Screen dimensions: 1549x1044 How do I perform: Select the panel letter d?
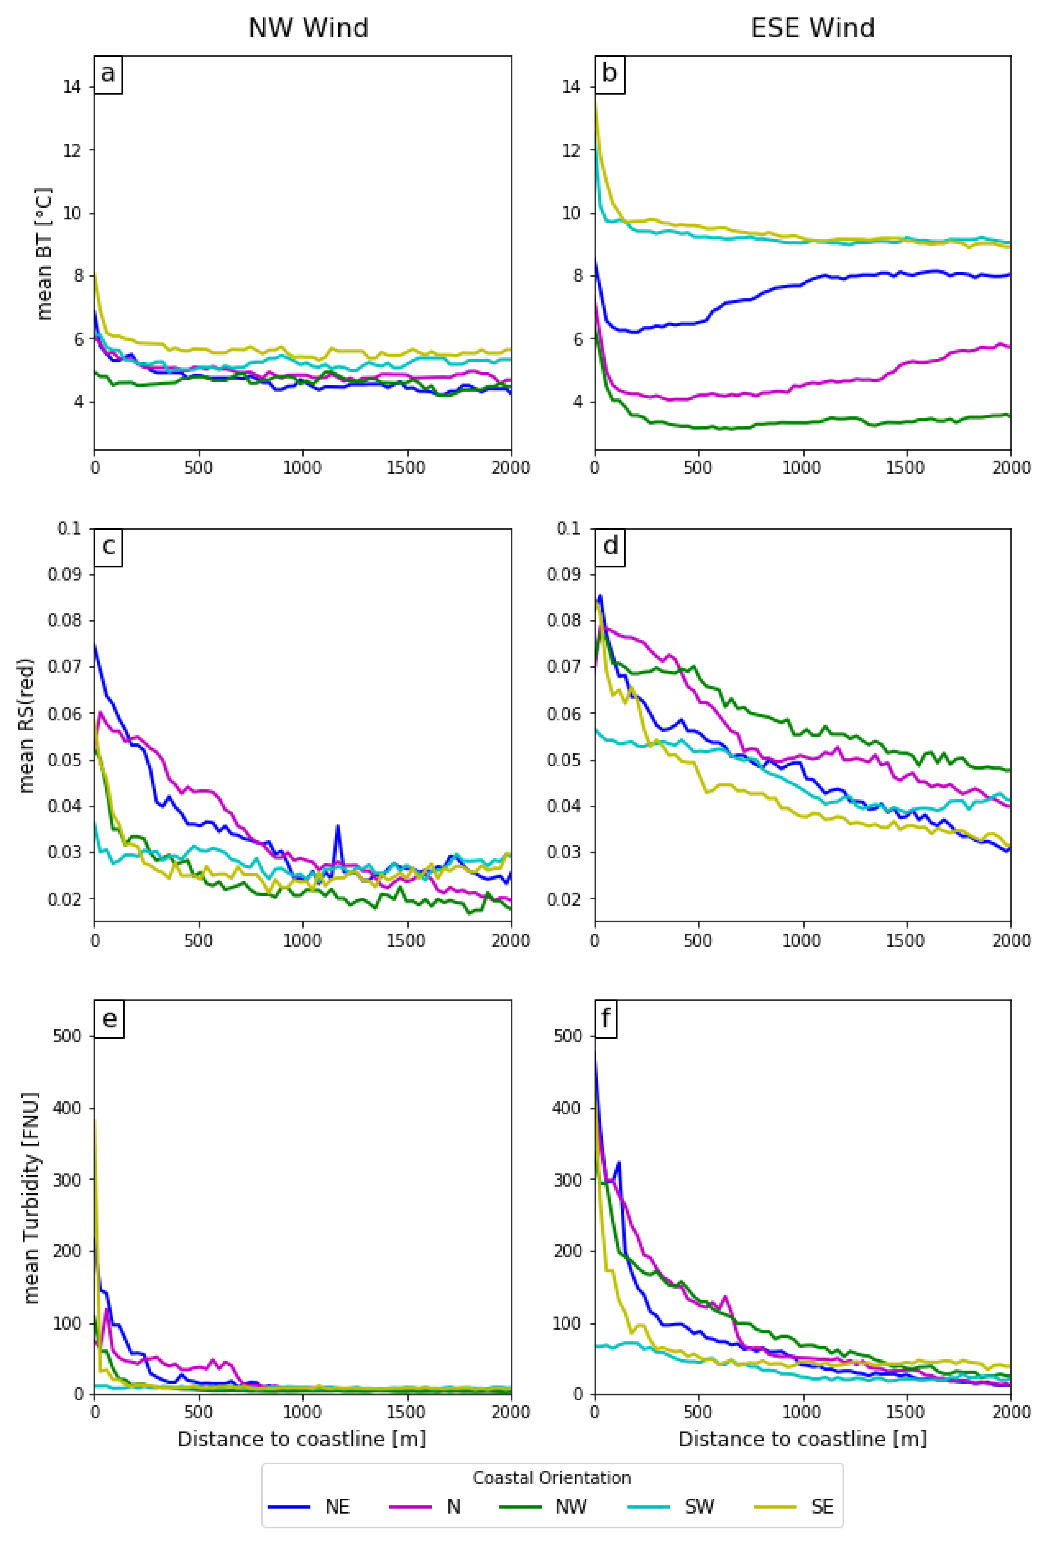point(610,546)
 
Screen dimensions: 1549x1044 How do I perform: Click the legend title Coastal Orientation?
point(551,1478)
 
